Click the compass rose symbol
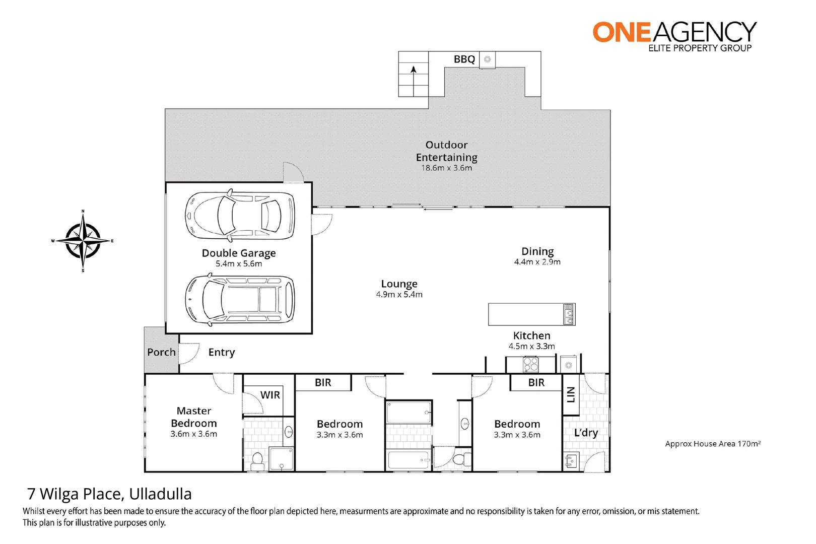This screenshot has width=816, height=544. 83,241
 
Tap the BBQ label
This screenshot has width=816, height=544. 464,59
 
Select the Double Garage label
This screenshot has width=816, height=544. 239,253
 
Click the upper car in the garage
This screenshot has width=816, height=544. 240,216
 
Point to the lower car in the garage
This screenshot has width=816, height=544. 240,300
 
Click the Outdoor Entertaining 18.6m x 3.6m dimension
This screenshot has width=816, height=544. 447,168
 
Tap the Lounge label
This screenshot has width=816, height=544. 399,284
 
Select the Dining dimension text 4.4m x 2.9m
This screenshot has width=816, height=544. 537,262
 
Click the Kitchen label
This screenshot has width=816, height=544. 531,335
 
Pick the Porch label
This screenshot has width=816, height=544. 161,352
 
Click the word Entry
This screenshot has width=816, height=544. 222,352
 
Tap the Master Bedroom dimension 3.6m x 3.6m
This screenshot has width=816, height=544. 193,434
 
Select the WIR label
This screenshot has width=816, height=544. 270,395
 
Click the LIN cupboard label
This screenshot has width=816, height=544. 570,394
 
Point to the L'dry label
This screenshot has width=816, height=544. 586,433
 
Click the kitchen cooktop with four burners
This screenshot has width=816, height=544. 530,364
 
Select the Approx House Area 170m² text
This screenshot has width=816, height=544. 712,444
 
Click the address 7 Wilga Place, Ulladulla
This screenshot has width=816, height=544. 109,494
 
